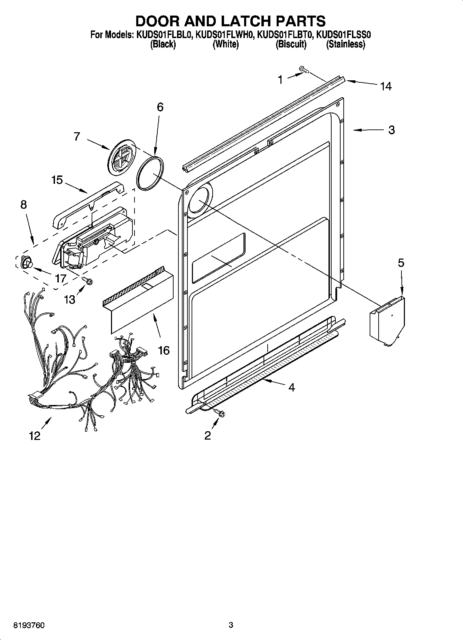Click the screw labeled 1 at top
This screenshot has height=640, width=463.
point(304,70)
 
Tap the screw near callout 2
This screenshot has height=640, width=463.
point(219,412)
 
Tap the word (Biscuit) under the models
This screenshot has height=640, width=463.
point(291,44)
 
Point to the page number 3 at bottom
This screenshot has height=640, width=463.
point(231,625)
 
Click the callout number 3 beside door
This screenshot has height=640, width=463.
point(391,130)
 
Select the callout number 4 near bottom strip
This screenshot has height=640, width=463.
point(291,387)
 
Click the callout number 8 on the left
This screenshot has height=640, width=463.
point(23,205)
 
